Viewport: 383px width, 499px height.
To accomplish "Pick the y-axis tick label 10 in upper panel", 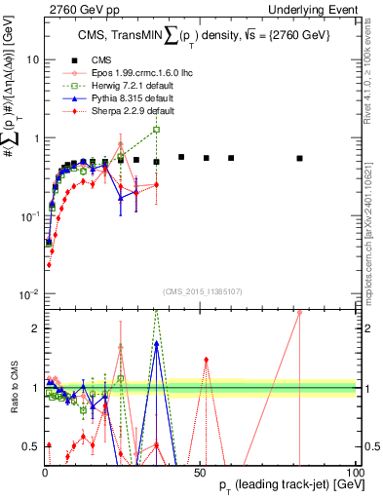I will tap(31, 59).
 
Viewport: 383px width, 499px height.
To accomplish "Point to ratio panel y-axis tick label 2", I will tap(36, 328).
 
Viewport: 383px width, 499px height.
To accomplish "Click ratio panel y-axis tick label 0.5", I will tap(31, 446).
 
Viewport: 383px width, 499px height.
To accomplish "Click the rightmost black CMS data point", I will tap(300, 158).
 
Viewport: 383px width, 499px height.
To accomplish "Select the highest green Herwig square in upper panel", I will tap(156, 130).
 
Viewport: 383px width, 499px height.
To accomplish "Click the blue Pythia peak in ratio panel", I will tap(156, 343).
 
